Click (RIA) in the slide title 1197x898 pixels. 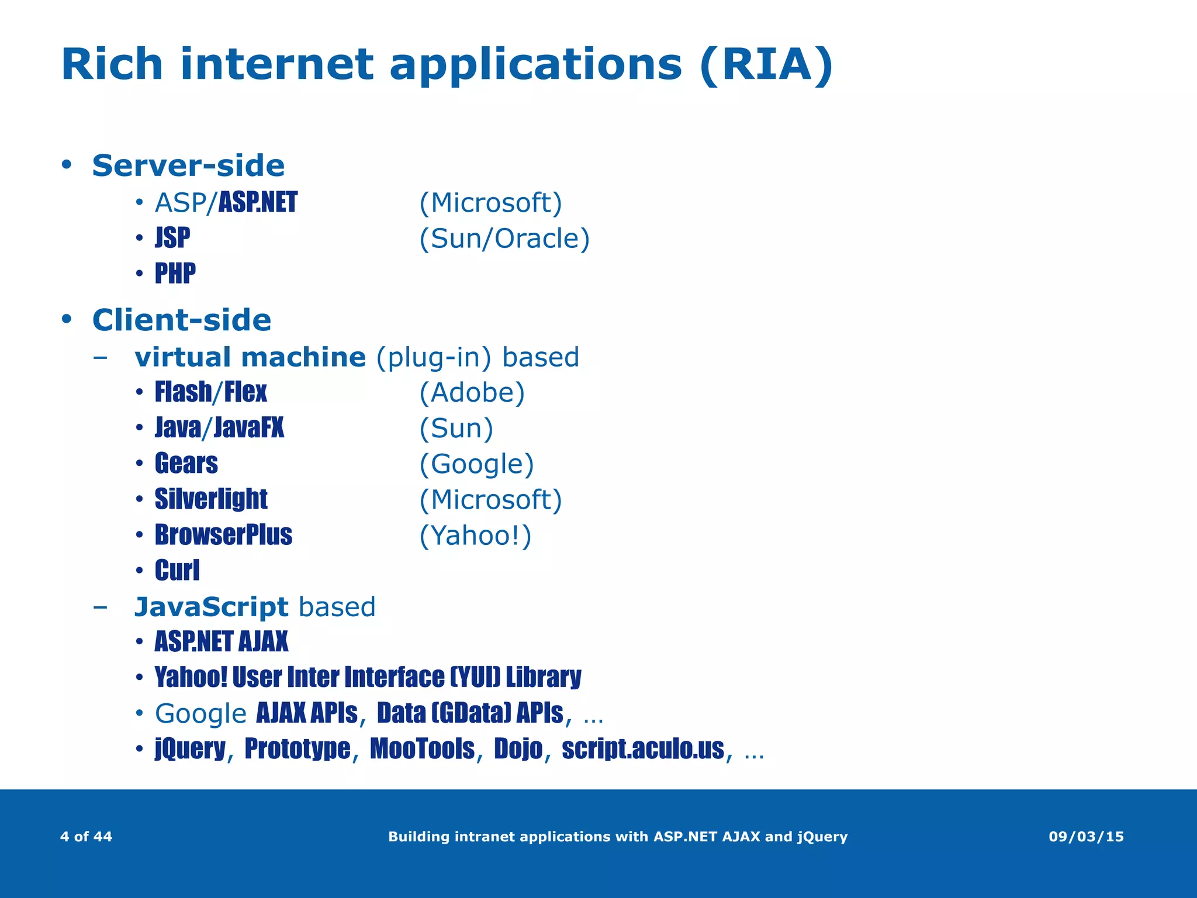(766, 65)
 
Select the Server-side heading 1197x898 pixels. (188, 165)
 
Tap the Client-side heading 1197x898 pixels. (182, 320)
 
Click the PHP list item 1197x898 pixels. (175, 274)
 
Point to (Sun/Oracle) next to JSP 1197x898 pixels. (504, 239)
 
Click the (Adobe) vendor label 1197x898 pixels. (472, 392)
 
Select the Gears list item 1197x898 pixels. (186, 464)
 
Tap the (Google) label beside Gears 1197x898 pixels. (476, 464)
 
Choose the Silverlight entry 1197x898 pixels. (210, 499)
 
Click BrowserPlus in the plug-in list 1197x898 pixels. (223, 535)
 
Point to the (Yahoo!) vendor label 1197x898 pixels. (475, 536)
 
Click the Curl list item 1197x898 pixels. (177, 571)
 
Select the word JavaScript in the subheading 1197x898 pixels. (211, 607)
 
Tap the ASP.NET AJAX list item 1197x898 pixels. (221, 642)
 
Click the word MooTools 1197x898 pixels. (422, 749)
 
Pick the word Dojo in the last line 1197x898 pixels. (518, 749)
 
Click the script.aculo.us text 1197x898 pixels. (642, 749)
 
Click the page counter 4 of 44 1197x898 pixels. (86, 837)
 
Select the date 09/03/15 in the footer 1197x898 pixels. (1086, 837)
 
